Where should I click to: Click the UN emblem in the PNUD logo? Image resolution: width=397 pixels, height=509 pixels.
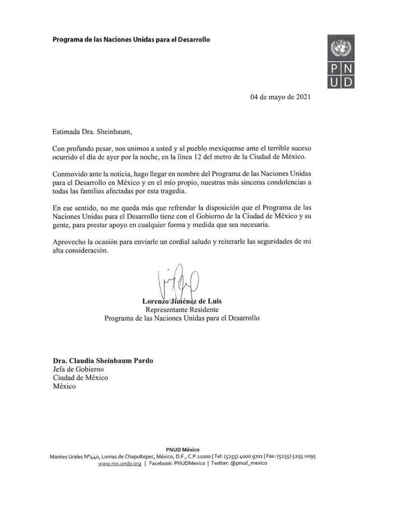340,48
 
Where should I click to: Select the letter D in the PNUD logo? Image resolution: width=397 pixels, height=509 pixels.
347,81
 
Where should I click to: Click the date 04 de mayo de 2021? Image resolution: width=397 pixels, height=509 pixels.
280,97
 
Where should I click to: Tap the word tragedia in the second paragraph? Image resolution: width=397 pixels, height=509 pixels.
184,191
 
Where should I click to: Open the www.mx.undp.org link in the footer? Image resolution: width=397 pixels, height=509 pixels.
119,463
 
